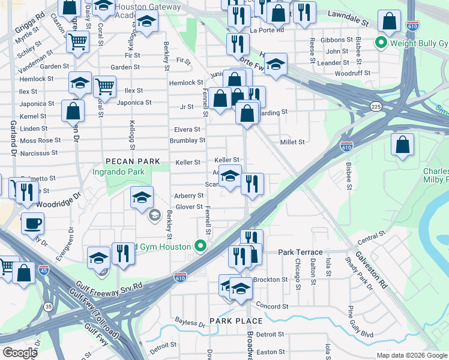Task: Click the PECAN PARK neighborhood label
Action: (x=133, y=161)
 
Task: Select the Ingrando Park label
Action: (x=119, y=172)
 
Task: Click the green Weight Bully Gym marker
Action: (x=380, y=43)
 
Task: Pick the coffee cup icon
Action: (x=33, y=224)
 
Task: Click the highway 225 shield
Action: (x=376, y=106)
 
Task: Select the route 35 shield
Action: (x=49, y=307)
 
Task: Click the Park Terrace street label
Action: (x=300, y=253)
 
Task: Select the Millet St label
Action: (x=292, y=142)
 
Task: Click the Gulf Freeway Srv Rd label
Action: (x=109, y=285)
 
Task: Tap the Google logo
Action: (x=20, y=352)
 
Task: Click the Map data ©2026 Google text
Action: (x=411, y=355)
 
